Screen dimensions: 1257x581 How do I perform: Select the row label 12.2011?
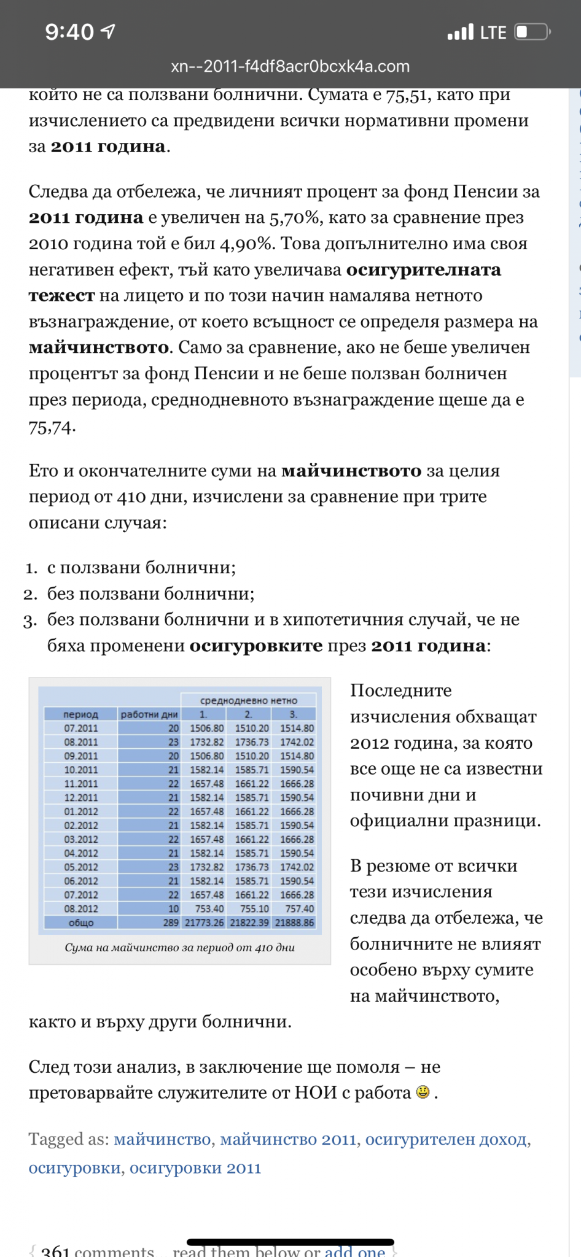point(80,797)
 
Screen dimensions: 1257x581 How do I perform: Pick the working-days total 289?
point(171,922)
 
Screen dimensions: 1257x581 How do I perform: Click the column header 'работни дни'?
point(149,714)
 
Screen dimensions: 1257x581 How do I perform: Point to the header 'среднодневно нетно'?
point(249,700)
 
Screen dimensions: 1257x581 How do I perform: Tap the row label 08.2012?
point(80,908)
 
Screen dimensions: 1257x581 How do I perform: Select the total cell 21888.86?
point(294,922)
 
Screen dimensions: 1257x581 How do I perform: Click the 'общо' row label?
point(80,922)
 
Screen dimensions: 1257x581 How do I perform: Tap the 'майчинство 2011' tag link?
point(288,1139)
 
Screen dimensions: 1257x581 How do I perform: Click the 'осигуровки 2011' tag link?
point(195,1167)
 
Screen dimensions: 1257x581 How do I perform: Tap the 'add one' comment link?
point(355,1251)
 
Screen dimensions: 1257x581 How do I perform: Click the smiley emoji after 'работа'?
point(423,1092)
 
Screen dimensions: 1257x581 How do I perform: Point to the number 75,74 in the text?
point(50,428)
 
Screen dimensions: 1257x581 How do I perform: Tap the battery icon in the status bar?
point(532,32)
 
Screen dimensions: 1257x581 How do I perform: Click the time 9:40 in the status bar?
point(69,32)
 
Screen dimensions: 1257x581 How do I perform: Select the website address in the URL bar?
point(290,66)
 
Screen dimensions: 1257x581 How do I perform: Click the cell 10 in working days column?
point(173,908)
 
